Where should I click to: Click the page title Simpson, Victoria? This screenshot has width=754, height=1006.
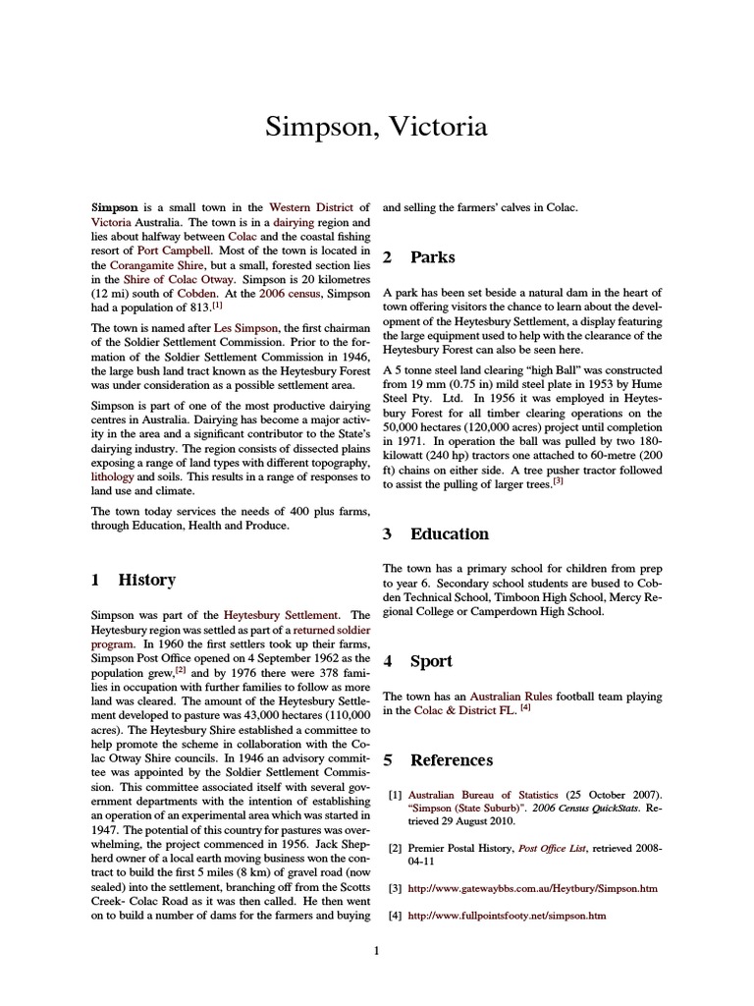[377, 129]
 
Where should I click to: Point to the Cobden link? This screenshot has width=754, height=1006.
[198, 294]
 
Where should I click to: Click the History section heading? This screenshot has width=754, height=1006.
[146, 581]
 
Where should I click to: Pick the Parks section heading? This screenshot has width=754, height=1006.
[433, 257]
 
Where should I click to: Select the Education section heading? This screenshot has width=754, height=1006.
[450, 534]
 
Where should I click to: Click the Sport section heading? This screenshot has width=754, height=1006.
[431, 661]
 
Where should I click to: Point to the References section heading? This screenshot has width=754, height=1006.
[452, 760]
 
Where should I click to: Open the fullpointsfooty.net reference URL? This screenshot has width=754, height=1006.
[507, 916]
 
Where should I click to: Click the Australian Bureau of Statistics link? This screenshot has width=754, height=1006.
[483, 794]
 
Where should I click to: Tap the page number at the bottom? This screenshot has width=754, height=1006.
[377, 950]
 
